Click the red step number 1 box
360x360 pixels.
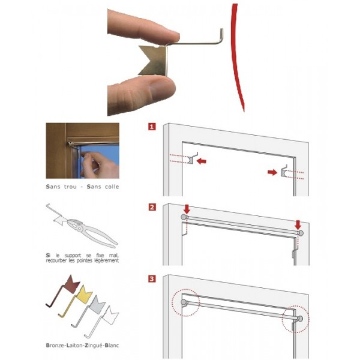pos(152,127)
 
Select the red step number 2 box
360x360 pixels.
pos(152,208)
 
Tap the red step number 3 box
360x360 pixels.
pos(152,279)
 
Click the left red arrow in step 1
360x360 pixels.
pos(202,161)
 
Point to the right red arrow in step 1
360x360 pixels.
pos(272,172)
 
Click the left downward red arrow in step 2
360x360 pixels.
pos(187,209)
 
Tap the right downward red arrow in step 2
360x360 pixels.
pos(298,225)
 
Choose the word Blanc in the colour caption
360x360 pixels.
pos(112,345)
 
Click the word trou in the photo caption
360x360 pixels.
pos(70,187)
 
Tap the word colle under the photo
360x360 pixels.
pos(112,187)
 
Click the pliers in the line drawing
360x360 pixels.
pos(92,231)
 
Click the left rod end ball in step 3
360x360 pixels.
pos(184,302)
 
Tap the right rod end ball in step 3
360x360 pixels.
pos(301,319)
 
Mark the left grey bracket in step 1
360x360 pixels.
pos(192,158)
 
